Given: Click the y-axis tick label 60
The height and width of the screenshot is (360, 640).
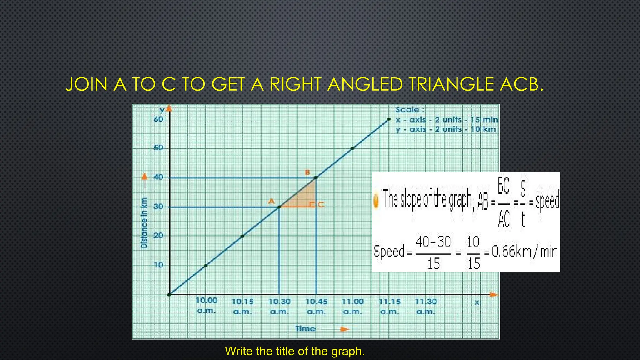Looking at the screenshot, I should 158,119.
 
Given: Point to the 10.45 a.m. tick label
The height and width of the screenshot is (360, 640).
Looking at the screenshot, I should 316,306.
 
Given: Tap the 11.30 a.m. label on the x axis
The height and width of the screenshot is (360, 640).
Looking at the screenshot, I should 426,306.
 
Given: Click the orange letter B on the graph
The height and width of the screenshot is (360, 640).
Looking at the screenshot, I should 307,172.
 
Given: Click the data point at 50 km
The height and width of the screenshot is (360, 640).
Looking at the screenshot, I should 352,148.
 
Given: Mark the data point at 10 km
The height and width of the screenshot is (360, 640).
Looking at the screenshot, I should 206,266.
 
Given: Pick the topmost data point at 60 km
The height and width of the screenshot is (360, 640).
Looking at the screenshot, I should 389,119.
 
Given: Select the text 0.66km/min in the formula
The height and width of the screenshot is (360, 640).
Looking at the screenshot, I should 525,252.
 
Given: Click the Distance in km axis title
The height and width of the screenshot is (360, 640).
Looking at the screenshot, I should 144,223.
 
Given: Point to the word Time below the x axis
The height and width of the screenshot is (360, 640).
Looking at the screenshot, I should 305,329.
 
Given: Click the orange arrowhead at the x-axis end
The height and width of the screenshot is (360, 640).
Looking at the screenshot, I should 493,295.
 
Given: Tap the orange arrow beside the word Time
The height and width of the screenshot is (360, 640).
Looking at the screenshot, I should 344,329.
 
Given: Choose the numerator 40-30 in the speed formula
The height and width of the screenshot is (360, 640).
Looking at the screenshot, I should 433,242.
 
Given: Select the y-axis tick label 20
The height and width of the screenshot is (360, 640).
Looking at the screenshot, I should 158,236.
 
